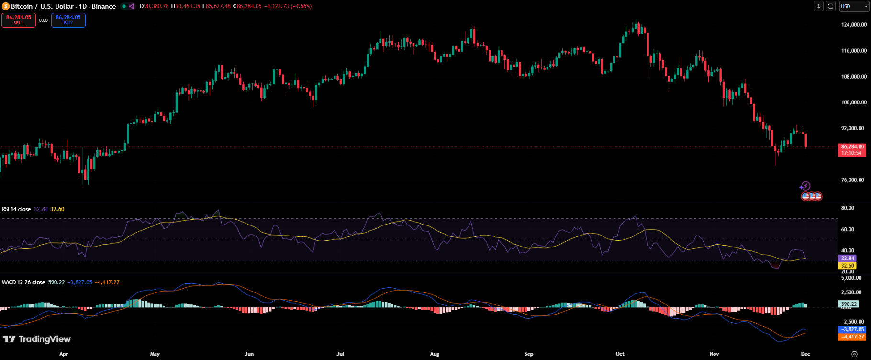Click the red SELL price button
[x=19, y=20]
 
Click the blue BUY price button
[x=68, y=20]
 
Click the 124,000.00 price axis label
[x=854, y=25]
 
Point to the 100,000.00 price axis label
[x=854, y=102]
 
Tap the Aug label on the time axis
[x=435, y=354]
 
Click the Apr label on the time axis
[x=64, y=354]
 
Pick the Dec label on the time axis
[x=805, y=354]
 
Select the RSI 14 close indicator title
[x=16, y=209]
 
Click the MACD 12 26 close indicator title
[x=23, y=282]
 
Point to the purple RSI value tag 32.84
[x=847, y=259]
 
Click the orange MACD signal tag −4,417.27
[x=852, y=337]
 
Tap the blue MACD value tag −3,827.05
[x=852, y=329]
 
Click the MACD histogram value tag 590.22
[x=849, y=304]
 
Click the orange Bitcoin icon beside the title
[x=6, y=6]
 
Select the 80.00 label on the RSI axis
[x=848, y=208]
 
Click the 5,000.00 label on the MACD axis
[x=851, y=278]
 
